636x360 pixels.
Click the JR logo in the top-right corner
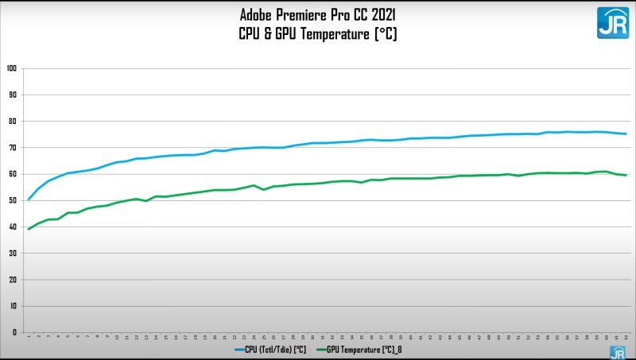[612, 22]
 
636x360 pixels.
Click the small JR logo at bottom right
[617, 352]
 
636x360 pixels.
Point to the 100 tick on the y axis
[11, 68]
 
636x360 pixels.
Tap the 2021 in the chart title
[382, 14]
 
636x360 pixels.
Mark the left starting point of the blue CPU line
[29, 199]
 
